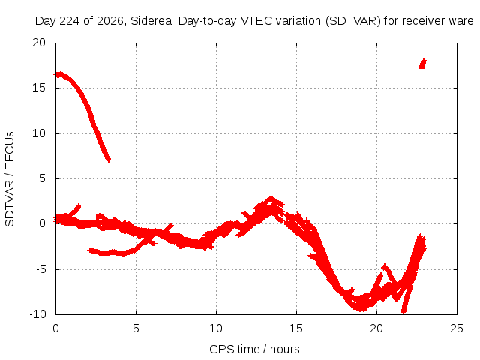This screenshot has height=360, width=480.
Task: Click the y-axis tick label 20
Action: pos(39,43)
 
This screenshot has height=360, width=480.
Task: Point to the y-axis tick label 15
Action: pos(39,88)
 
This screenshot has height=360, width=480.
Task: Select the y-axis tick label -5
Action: pos(40,269)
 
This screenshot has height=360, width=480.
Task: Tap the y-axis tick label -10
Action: pos(37,314)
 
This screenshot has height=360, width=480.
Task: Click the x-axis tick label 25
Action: pos(457,328)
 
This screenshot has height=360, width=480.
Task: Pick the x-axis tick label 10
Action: pos(216,328)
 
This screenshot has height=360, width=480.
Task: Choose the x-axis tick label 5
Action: pos(136,328)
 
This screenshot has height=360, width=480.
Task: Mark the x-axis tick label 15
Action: pos(296,328)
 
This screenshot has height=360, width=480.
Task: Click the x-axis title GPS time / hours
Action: pos(254,349)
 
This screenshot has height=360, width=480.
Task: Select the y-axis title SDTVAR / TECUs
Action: pos(10,179)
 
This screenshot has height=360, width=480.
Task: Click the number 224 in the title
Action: pos(70,21)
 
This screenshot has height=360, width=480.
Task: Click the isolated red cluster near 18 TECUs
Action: pos(423,64)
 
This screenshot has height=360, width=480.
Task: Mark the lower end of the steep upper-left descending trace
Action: pos(109,160)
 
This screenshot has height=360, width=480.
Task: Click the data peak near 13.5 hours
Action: pos(271,198)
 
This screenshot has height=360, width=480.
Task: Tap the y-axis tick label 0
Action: pos(42,223)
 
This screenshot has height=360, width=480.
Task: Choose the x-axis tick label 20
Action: pos(376,328)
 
